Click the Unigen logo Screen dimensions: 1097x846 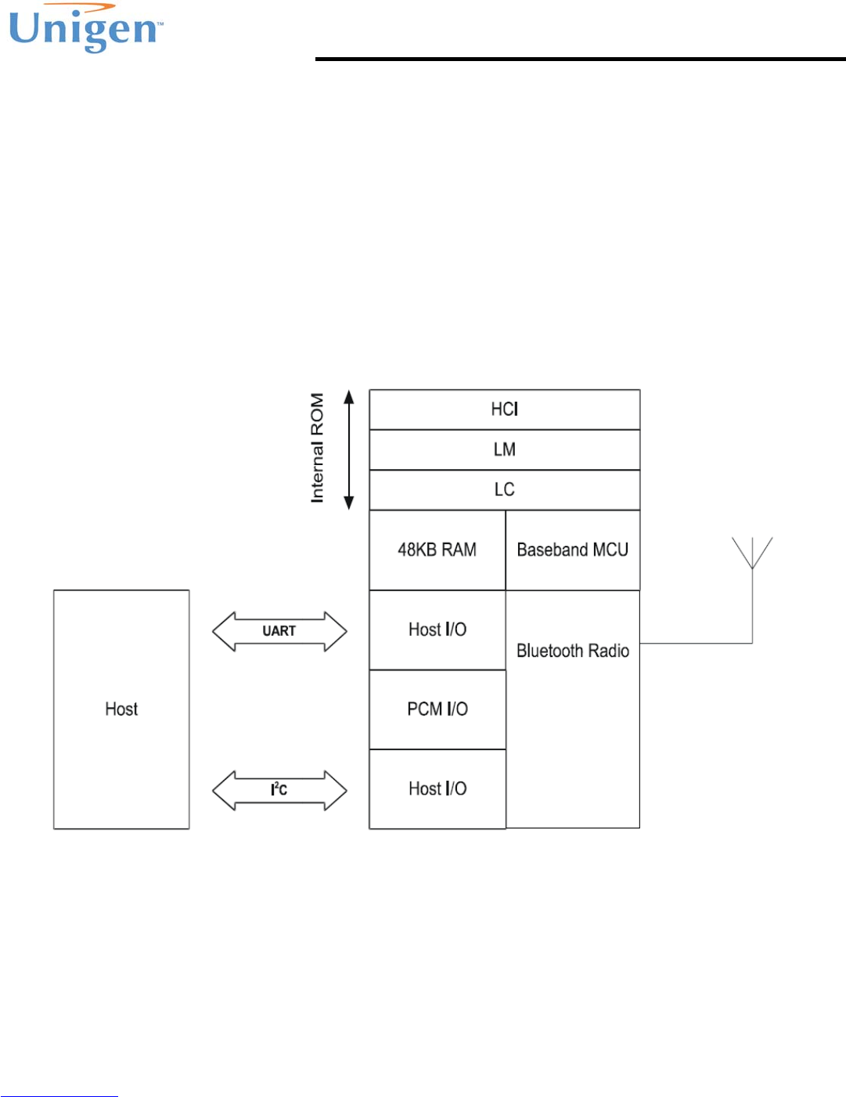(x=85, y=30)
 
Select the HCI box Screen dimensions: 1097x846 (x=504, y=410)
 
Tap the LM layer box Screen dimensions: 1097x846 (x=504, y=449)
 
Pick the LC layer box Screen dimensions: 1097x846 (x=504, y=489)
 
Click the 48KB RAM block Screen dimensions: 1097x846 (x=437, y=550)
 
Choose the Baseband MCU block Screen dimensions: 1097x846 (x=572, y=550)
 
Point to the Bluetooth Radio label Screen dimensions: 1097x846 (x=572, y=651)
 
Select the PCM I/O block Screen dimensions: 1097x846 (x=437, y=709)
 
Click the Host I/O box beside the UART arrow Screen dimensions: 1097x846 (x=437, y=630)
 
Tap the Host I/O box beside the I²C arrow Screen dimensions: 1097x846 (x=437, y=788)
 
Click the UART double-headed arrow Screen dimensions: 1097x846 (x=279, y=631)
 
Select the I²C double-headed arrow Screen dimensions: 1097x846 (x=279, y=790)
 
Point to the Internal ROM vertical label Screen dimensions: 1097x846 (x=317, y=448)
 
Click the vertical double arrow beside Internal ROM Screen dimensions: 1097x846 (x=349, y=449)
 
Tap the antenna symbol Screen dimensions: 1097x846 (x=752, y=552)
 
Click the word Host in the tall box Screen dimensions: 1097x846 (x=121, y=709)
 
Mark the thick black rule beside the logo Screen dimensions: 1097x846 (x=580, y=59)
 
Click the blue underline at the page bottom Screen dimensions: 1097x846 (x=59, y=1095)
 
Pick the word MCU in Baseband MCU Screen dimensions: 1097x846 (x=610, y=550)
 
